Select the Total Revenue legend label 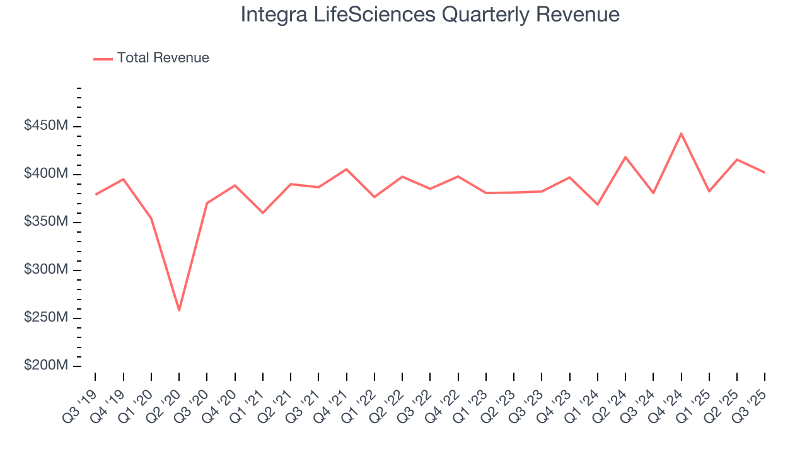coord(163,58)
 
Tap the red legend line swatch coord(103,59)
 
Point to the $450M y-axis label coord(46,126)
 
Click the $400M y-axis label coord(46,173)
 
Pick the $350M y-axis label coord(46,222)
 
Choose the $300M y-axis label coord(46,270)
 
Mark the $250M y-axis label coord(46,318)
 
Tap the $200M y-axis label coord(46,366)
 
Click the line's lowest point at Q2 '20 coord(179,310)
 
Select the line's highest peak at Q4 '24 coord(682,133)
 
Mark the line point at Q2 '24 coord(625,156)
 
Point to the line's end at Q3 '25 coord(765,172)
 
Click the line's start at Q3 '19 coord(95,194)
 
